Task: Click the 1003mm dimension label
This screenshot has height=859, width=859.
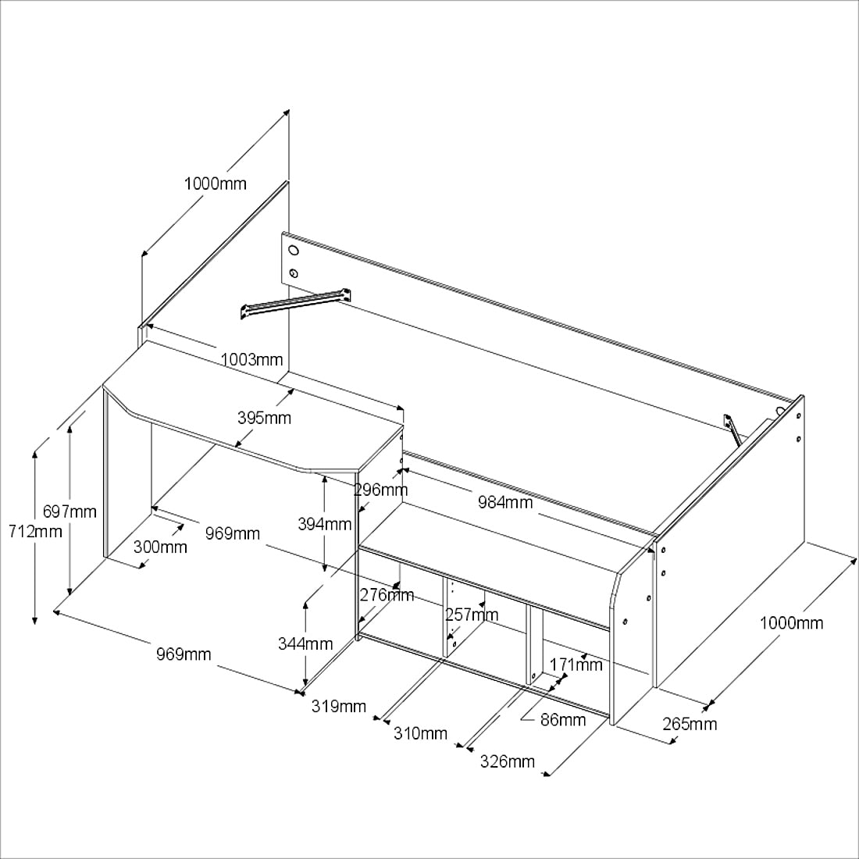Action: click(x=251, y=359)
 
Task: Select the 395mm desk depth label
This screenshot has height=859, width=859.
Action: click(x=264, y=418)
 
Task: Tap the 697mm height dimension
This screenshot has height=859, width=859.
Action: click(x=70, y=511)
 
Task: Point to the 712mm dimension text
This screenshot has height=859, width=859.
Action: click(x=36, y=531)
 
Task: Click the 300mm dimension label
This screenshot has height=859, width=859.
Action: click(x=161, y=547)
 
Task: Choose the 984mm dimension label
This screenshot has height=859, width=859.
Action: click(x=505, y=502)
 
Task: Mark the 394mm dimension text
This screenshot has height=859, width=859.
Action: click(x=324, y=524)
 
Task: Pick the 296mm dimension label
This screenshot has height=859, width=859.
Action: click(x=381, y=489)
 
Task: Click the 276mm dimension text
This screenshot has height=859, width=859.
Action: click(x=387, y=594)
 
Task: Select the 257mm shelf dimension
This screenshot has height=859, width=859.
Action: click(x=472, y=615)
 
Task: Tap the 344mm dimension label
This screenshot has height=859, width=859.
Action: click(x=305, y=643)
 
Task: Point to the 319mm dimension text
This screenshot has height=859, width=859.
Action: click(x=339, y=706)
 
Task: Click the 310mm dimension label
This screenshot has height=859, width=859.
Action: click(x=420, y=733)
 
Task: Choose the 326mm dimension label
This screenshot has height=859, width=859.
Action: click(x=508, y=761)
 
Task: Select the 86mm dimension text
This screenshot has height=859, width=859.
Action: click(x=563, y=720)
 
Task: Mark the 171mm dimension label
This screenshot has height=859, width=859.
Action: click(x=576, y=665)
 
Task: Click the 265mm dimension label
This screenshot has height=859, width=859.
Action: click(x=690, y=724)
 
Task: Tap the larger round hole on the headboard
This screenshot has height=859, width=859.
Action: click(x=294, y=251)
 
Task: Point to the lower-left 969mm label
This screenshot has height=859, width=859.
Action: click(x=184, y=654)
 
